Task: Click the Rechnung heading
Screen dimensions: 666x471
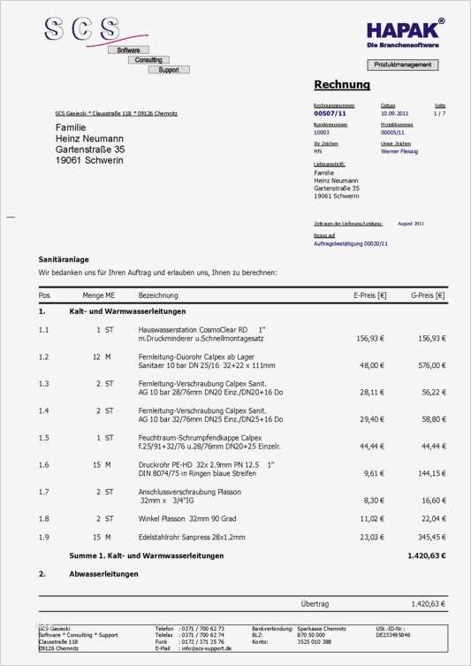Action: (x=342, y=85)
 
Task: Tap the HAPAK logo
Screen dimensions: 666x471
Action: (x=406, y=33)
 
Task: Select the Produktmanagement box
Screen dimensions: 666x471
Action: (x=402, y=65)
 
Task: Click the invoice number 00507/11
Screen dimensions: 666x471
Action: (x=330, y=114)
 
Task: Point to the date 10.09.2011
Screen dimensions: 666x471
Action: (x=394, y=114)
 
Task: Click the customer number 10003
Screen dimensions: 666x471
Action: (x=323, y=133)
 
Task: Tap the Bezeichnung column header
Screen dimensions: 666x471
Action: (x=159, y=295)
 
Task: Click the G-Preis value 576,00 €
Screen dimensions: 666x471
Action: (x=430, y=365)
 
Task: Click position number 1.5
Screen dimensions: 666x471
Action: (x=44, y=438)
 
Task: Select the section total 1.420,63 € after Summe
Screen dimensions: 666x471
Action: (x=426, y=556)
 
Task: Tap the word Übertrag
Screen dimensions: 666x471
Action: (x=315, y=604)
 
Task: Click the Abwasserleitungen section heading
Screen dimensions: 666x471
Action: (x=103, y=574)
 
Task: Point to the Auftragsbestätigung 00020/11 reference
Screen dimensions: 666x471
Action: (x=351, y=243)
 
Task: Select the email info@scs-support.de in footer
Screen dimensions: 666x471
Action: (x=205, y=648)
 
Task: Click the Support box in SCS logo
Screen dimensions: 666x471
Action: (x=168, y=70)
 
